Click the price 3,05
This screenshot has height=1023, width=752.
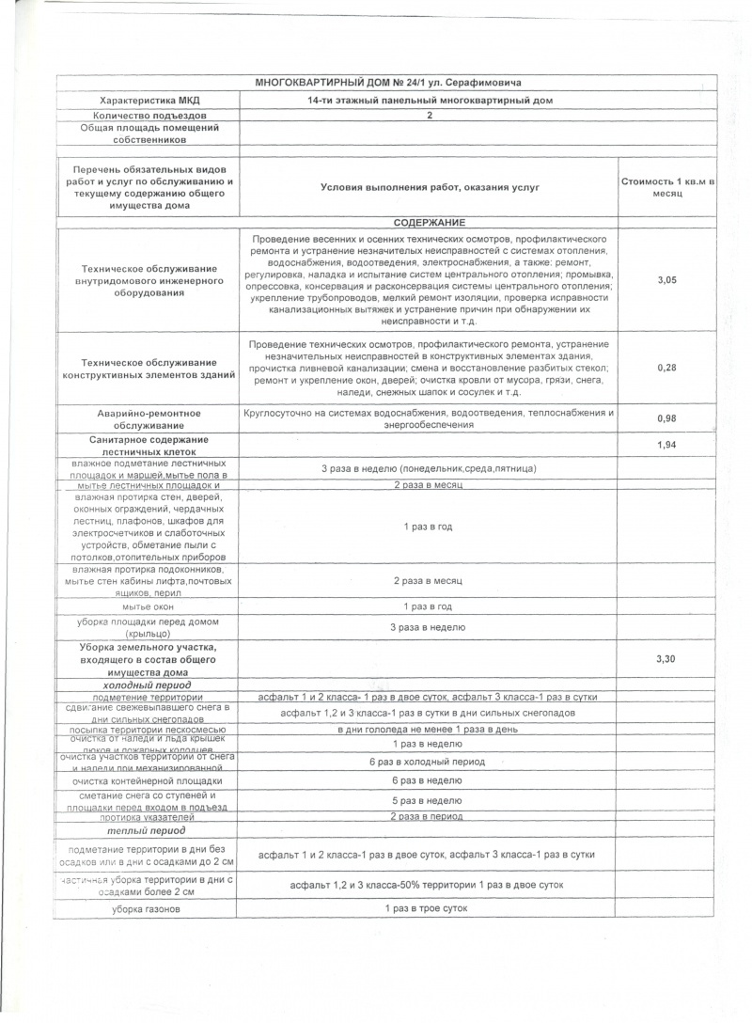(665, 280)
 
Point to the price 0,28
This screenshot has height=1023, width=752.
(665, 367)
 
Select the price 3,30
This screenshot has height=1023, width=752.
(665, 659)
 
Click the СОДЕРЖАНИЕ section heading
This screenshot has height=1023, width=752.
(429, 221)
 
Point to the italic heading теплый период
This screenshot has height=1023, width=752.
(147, 830)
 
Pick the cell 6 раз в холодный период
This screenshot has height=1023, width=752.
(429, 761)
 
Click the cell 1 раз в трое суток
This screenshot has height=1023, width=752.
(429, 908)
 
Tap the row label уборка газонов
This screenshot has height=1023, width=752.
(147, 909)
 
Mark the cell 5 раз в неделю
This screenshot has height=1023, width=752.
(429, 800)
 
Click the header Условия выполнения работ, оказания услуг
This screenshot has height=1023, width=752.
(429, 187)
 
